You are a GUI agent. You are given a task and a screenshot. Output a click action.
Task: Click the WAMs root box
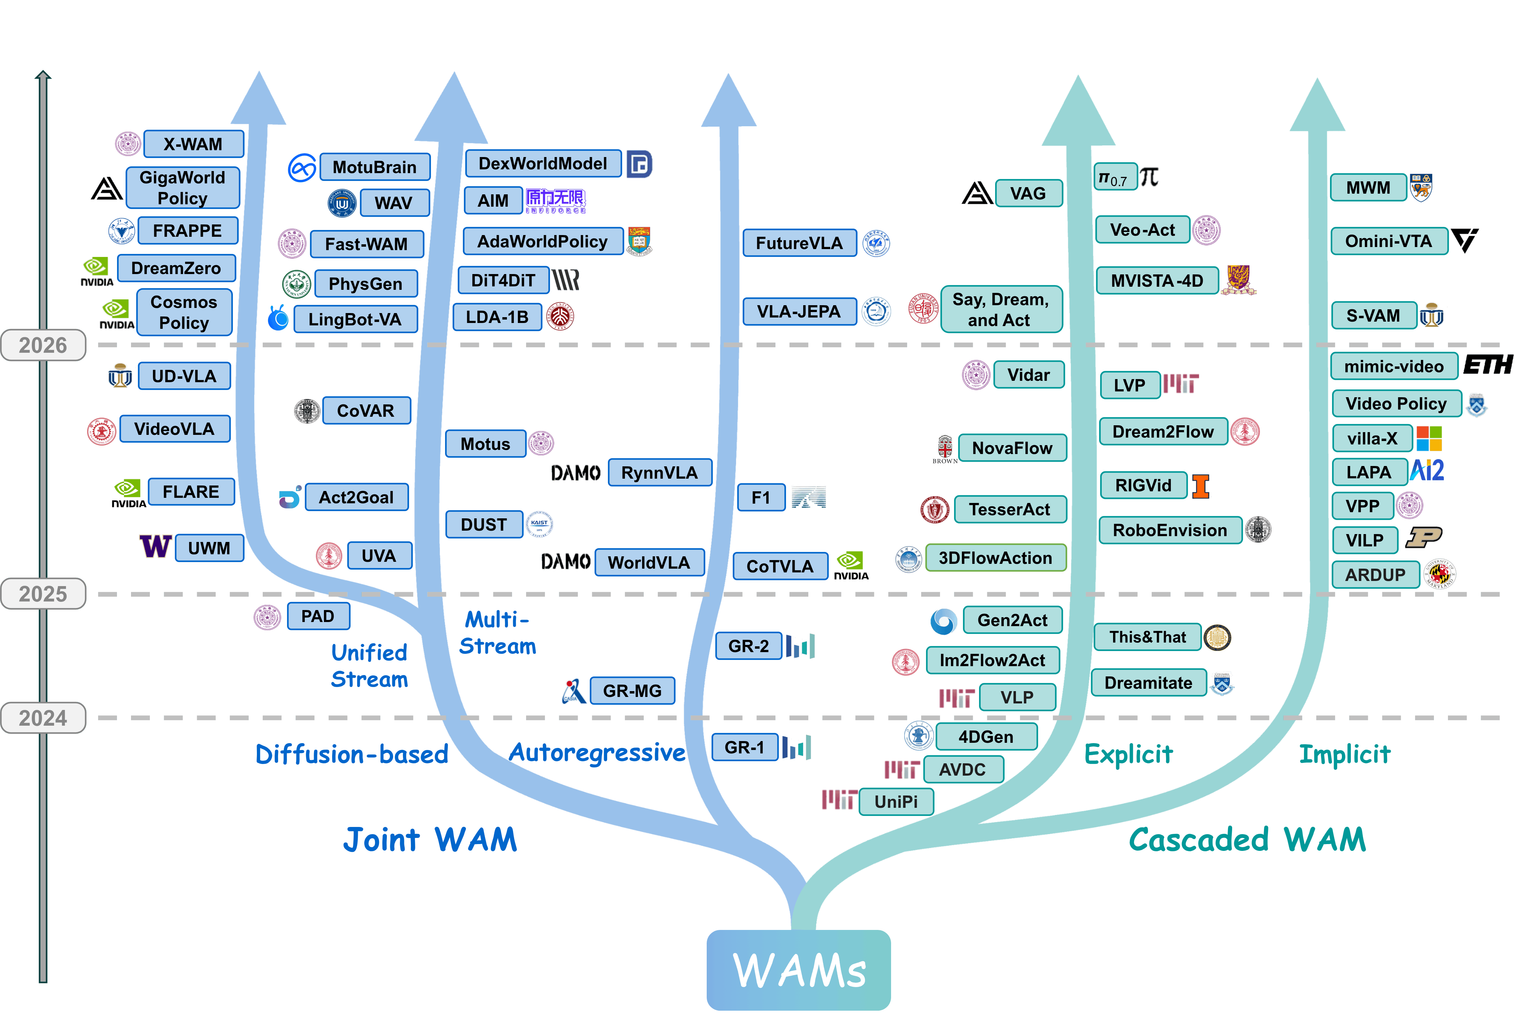click(x=799, y=970)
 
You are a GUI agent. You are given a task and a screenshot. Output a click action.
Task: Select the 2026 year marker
click(x=43, y=345)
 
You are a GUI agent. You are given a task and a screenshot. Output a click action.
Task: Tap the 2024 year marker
click(x=43, y=718)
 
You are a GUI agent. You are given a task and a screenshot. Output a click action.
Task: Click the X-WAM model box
click(x=194, y=144)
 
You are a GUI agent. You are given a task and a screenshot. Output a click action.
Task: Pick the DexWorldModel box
click(x=543, y=164)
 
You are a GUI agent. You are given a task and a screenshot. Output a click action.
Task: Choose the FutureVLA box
click(x=799, y=243)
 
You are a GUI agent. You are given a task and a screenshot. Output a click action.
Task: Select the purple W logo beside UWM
click(x=156, y=546)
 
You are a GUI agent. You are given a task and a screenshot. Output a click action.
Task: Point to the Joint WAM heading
click(x=430, y=840)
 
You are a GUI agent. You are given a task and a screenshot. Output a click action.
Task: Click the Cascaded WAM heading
click(x=1247, y=840)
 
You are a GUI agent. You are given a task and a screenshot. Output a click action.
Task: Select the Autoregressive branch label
click(x=597, y=753)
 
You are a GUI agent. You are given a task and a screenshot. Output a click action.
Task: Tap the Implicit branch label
click(x=1345, y=754)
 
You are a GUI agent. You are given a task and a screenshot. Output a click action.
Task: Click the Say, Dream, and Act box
click(x=1001, y=310)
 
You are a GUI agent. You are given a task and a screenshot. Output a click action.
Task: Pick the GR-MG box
click(x=632, y=690)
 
